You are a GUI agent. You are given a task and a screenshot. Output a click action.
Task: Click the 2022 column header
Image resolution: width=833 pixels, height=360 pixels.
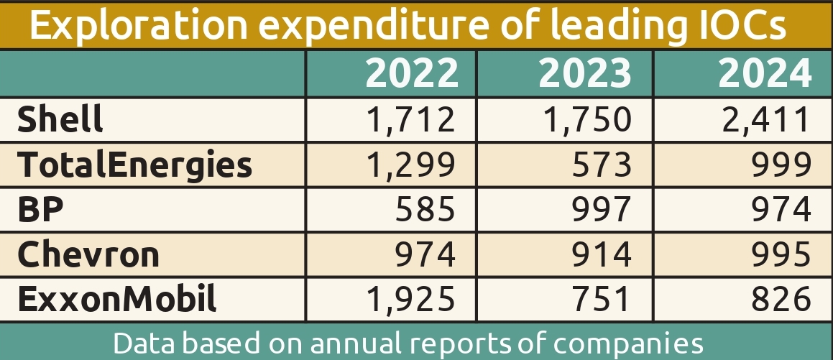(411, 73)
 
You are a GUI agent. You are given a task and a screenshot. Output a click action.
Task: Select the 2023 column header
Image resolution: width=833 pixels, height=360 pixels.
(584, 73)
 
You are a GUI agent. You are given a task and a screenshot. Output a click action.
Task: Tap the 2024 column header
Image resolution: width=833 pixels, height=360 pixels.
(765, 73)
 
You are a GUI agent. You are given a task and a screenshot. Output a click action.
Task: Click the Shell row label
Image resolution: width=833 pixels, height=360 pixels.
(60, 119)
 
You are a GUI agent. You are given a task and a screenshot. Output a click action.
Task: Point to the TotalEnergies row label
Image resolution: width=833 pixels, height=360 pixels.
(135, 165)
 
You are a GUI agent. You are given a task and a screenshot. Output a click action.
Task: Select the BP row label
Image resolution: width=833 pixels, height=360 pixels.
(40, 209)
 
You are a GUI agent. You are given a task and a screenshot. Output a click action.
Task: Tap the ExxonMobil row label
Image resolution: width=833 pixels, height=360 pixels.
(116, 299)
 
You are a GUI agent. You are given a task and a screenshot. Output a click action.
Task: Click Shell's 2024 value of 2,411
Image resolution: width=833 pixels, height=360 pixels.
(765, 119)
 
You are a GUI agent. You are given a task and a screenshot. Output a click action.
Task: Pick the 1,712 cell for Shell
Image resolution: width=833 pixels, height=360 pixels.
(411, 119)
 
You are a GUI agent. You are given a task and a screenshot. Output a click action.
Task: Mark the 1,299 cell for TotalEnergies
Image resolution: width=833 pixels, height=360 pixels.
(411, 165)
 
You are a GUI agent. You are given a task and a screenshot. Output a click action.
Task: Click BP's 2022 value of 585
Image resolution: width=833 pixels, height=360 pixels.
(425, 209)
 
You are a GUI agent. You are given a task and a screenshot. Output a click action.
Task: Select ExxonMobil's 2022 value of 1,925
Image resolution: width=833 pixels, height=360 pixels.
(411, 299)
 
